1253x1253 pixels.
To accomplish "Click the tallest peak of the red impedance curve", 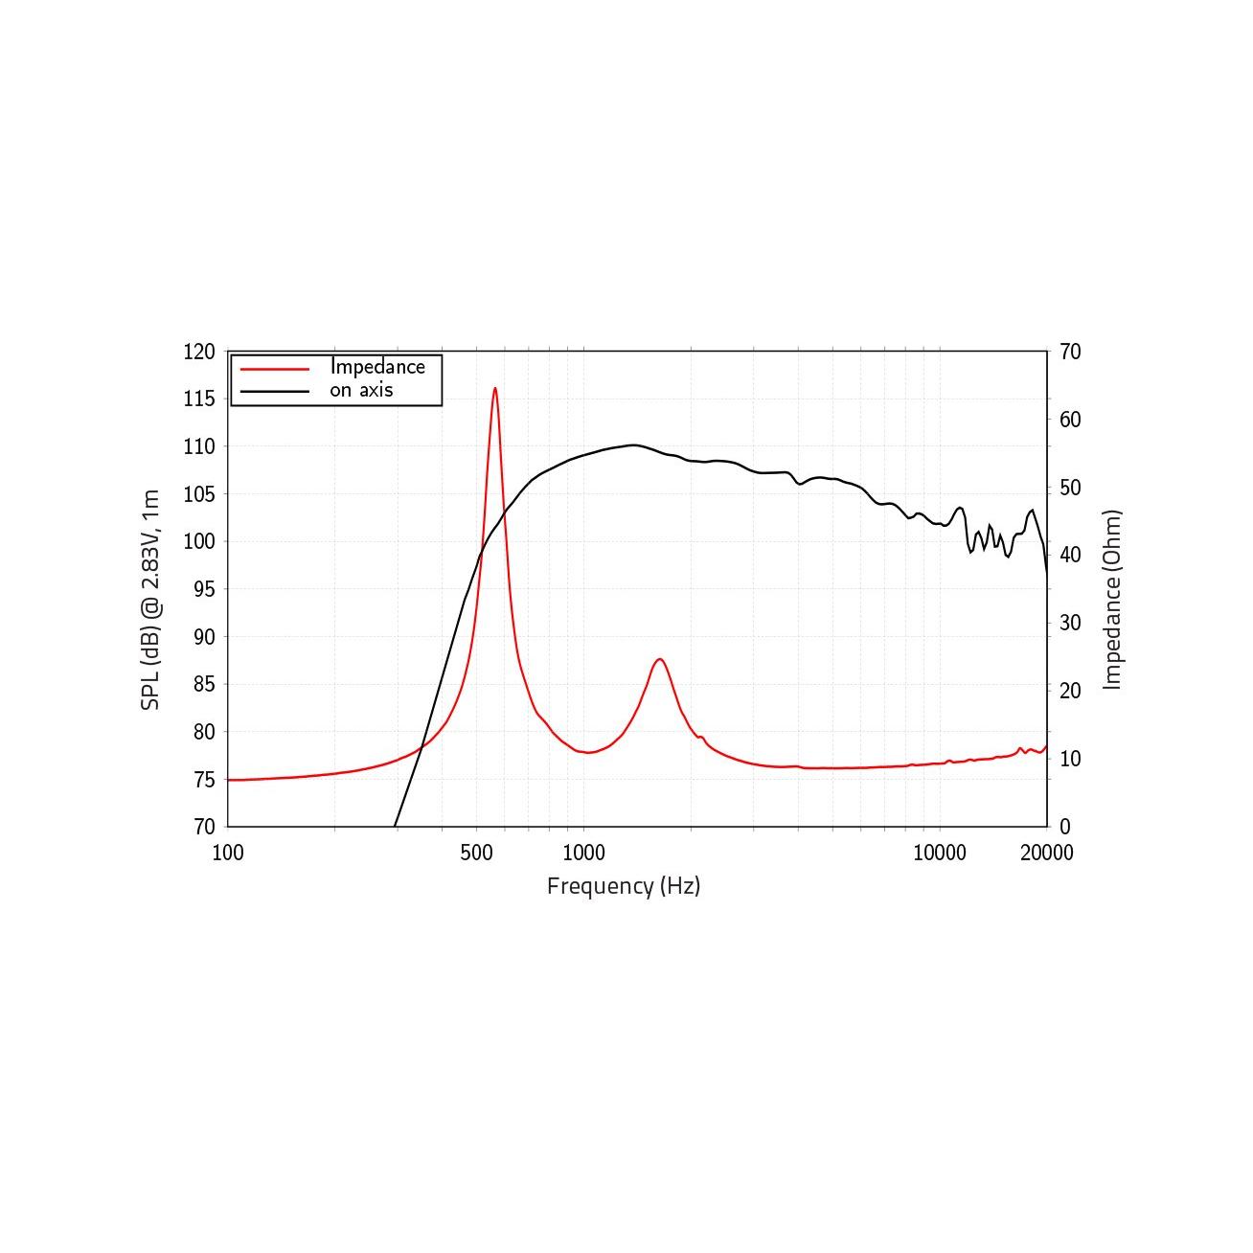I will pos(494,389).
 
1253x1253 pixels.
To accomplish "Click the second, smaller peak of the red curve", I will pos(659,659).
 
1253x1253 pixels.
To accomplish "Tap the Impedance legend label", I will pos(377,367).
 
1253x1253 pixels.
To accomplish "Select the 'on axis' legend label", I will pos(361,390).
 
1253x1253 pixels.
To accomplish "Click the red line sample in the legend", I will pos(275,368).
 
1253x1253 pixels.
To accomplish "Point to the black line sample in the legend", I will pos(275,391).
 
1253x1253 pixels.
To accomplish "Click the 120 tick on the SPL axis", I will pos(199,353).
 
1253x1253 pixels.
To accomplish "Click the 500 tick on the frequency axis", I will pos(476,853).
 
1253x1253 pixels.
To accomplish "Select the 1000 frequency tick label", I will pos(583,853).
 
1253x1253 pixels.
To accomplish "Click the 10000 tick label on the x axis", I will pos(939,853).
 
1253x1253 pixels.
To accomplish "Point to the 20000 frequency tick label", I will pos(1046,853).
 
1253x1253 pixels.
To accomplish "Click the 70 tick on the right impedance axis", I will pos(1070,353).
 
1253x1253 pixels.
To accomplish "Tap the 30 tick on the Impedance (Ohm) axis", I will pos(1070,623).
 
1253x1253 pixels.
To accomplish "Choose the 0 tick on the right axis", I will pos(1065,826).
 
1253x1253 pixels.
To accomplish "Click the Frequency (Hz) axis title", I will pos(624,886).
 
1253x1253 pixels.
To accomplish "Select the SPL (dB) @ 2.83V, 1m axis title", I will pos(150,600).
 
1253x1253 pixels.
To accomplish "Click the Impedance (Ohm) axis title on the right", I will pos(1112,600).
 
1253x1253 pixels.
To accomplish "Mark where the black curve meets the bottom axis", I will pos(395,826).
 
